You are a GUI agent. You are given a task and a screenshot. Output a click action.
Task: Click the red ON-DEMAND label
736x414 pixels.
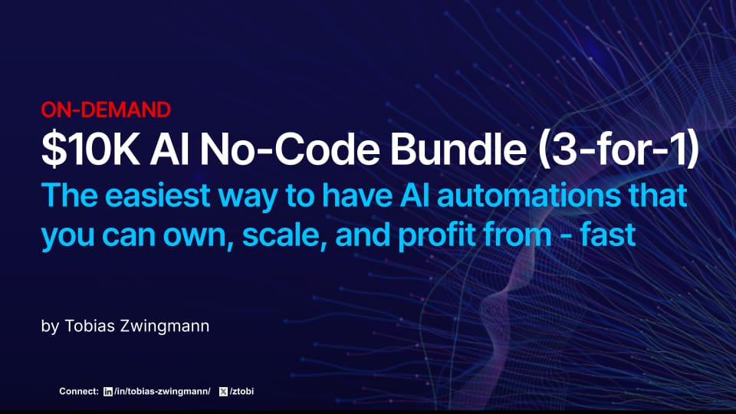[x=106, y=110]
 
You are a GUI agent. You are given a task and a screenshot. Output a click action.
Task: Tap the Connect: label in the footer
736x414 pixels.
[x=79, y=392]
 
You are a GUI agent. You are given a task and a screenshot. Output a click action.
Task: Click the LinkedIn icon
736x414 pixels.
[x=107, y=392]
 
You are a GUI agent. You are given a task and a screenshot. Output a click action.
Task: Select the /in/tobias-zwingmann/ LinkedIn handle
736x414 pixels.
[x=161, y=392]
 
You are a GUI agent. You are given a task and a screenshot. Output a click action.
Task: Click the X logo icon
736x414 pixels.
[x=224, y=392]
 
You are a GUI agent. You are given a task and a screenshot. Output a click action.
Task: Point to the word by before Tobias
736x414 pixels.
[x=50, y=327]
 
